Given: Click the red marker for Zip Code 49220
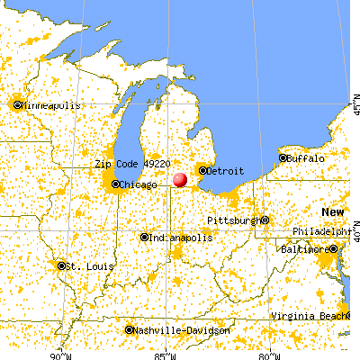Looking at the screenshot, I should point(180,179).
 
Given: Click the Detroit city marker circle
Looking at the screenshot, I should point(203,170).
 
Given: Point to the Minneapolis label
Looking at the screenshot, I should point(51,104).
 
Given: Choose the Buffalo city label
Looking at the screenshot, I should point(306,157).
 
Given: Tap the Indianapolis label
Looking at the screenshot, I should point(182,238).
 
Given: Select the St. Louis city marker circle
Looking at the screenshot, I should point(61,265).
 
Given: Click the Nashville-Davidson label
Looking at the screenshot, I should point(183,331).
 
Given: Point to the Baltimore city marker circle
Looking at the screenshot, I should point(333,248).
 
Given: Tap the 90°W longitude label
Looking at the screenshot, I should point(63,354).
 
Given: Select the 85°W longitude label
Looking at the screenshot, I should point(165,354).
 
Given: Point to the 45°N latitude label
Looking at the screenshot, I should point(352,103).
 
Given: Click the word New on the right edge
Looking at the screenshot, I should point(334,211).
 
